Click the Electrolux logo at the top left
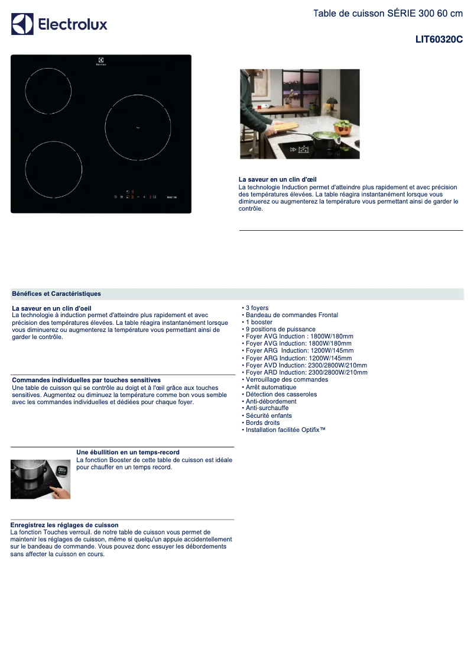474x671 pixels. pos(59,24)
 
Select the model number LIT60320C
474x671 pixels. pos(439,40)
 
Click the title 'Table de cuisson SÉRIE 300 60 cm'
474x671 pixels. pos(388,14)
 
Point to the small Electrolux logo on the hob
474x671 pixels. pos(101,62)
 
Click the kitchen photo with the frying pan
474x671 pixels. pos(300,114)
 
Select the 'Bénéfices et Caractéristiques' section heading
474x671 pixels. pos(56,293)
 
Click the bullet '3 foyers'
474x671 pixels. pos(257,308)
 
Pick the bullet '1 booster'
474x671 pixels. pos(259,322)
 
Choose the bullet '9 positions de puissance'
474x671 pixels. pos(280,330)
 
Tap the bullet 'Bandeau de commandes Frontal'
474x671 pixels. pos(291,315)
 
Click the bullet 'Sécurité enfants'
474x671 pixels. pos(270,416)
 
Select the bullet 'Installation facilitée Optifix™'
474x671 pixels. pos(285,430)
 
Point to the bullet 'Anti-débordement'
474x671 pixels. pos(271,402)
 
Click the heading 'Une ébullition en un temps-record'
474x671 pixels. pos(128,453)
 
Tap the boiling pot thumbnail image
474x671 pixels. pos(40,479)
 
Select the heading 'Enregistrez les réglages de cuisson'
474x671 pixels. pos(64,525)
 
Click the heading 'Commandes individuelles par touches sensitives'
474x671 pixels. pos(86,380)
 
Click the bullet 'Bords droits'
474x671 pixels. pos(262,423)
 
